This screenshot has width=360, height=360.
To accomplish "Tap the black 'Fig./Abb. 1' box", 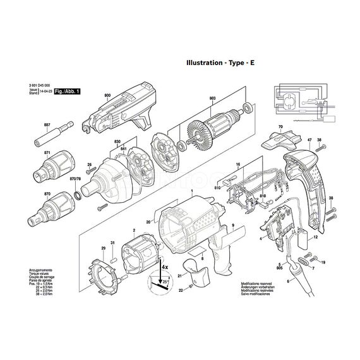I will tap(68, 92).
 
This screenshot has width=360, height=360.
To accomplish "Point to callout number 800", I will tap(107, 94).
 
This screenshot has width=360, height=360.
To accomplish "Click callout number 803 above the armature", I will tap(213, 98).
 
